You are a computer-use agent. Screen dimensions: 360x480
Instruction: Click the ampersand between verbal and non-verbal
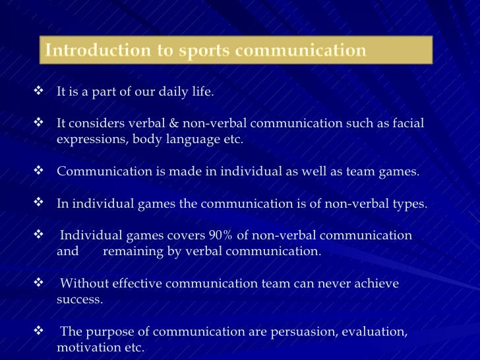point(158,123)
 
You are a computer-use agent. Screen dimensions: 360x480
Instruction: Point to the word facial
point(409,123)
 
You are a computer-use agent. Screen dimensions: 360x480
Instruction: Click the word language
point(189,140)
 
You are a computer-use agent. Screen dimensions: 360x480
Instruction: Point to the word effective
point(138,284)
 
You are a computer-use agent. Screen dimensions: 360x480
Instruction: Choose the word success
point(79,299)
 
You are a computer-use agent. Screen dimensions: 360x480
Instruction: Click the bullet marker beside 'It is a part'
point(38,92)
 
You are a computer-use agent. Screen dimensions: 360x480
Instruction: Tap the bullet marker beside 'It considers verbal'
point(38,123)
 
